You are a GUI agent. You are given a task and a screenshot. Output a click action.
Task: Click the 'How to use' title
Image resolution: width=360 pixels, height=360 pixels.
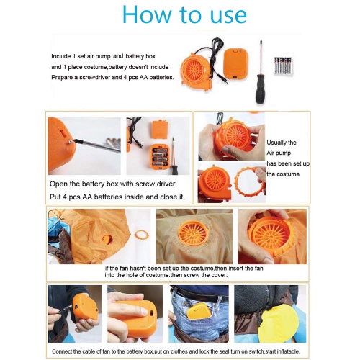[184, 14]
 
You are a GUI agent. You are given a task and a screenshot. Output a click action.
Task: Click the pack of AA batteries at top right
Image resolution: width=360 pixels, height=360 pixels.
[283, 66]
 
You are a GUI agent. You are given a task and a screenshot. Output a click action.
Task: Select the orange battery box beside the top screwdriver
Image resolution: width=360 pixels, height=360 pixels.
[235, 64]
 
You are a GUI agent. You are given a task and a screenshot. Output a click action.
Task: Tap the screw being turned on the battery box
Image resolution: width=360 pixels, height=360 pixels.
[71, 141]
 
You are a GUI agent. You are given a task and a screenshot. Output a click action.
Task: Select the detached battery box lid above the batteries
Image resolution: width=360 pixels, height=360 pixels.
[160, 130]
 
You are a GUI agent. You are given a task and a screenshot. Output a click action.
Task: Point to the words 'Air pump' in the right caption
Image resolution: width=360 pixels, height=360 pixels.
[279, 153]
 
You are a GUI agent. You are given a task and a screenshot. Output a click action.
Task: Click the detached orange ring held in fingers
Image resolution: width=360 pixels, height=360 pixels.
[250, 182]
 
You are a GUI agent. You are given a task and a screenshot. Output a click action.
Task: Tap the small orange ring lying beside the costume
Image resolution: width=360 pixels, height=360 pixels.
[141, 234]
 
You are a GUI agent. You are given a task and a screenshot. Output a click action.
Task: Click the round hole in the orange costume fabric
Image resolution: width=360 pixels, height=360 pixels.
[107, 239]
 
